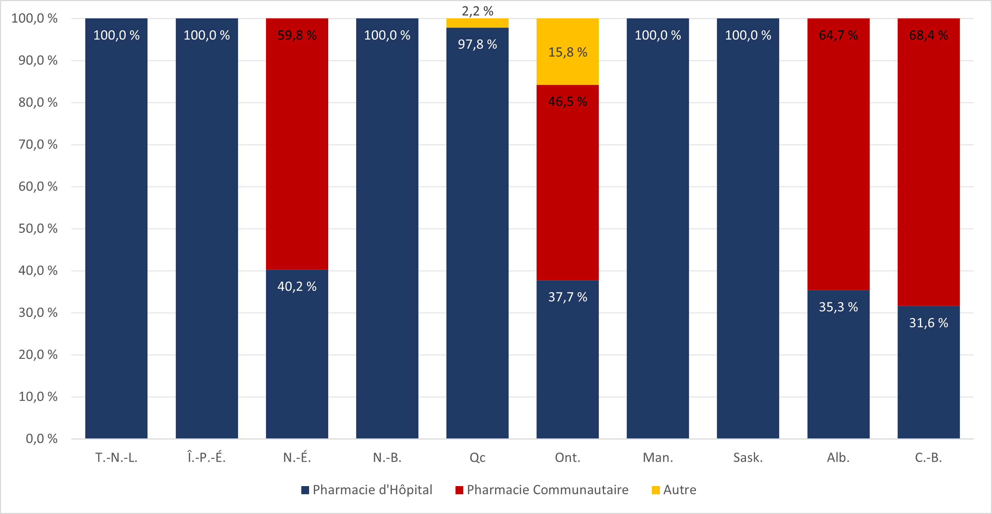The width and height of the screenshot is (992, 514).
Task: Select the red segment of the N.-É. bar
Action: (297, 144)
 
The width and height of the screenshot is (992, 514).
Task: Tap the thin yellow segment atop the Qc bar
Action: (477, 23)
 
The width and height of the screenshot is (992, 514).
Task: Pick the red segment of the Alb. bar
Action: (839, 154)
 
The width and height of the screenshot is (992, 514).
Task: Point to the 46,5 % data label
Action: (567, 102)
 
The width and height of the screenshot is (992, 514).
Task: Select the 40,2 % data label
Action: (297, 286)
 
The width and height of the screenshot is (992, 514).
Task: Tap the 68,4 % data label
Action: (928, 35)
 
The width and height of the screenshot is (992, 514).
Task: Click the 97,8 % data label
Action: (477, 44)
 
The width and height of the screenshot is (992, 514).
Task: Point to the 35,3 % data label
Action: (839, 307)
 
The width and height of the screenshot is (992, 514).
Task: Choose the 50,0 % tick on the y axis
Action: (38, 229)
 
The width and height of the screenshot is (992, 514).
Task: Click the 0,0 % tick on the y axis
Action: (41, 439)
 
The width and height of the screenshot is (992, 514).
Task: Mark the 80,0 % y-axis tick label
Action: (38, 102)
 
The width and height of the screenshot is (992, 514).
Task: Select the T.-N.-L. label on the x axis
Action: (116, 457)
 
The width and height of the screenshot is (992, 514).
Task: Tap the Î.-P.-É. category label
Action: (207, 457)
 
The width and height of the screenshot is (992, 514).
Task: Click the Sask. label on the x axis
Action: (748, 457)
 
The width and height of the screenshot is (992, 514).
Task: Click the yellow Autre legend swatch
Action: (655, 490)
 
